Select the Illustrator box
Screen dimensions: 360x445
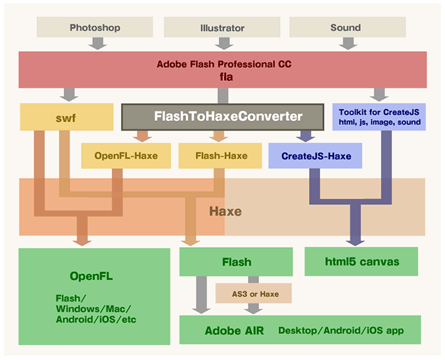(x=222, y=28)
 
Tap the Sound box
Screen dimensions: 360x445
(x=346, y=28)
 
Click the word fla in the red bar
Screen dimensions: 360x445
(x=223, y=76)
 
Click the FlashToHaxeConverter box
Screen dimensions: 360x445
(x=222, y=116)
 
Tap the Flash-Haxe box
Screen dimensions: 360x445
(x=222, y=156)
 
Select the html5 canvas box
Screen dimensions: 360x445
(x=362, y=261)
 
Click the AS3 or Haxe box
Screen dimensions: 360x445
(x=253, y=294)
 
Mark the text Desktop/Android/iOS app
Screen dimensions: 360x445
(x=339, y=330)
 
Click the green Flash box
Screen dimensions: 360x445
(x=236, y=261)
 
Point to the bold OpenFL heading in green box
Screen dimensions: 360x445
(x=91, y=276)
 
